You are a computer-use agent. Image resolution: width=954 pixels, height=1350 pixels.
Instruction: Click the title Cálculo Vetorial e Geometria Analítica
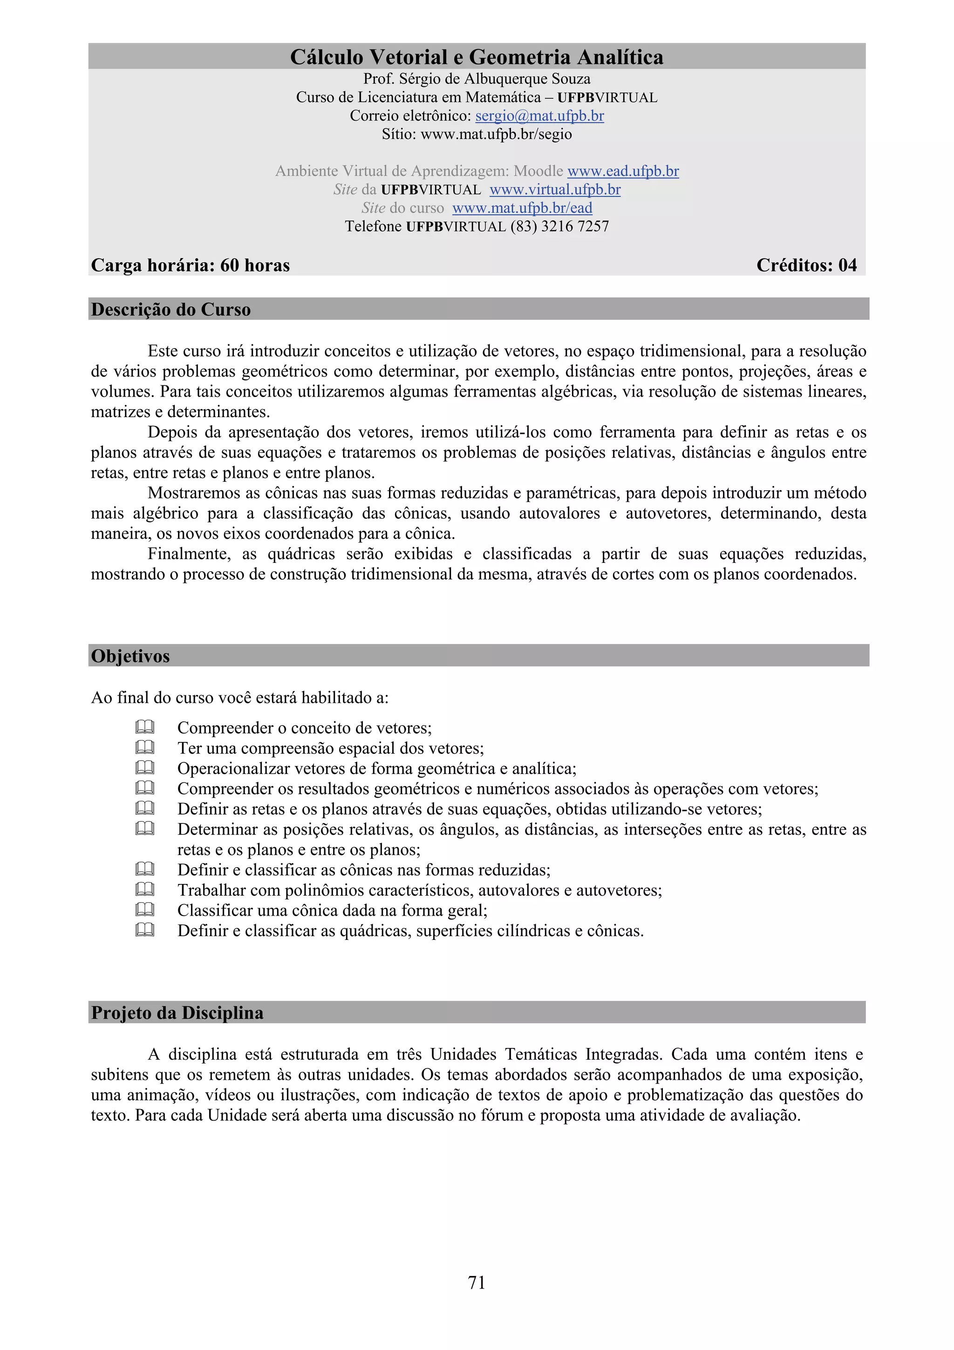pos(477,57)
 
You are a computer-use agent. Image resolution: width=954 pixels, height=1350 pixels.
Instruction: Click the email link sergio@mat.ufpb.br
pos(539,116)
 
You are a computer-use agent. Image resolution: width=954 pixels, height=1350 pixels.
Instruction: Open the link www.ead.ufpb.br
pos(623,171)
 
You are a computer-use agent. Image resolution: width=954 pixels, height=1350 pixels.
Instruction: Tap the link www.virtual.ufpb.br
pos(555,189)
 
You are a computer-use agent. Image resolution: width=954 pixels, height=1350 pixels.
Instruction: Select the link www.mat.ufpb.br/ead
pos(522,207)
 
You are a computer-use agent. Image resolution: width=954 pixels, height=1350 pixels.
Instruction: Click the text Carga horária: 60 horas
pos(191,265)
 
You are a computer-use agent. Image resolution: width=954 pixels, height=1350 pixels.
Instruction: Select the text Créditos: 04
pos(806,265)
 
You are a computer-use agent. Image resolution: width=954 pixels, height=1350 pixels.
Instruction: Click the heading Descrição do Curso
pos(171,309)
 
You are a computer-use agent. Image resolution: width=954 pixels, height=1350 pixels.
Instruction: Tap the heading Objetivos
pos(130,656)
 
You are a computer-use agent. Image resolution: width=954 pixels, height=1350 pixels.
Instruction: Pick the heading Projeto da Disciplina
pos(177,1013)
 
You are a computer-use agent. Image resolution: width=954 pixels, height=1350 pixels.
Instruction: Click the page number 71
pos(477,1282)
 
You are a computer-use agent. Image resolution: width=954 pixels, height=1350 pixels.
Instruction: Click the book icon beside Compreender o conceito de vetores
pos(144,727)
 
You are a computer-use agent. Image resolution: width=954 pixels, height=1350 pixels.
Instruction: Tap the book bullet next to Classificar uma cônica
pos(144,910)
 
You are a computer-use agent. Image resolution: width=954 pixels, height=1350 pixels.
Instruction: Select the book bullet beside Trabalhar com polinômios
pos(144,890)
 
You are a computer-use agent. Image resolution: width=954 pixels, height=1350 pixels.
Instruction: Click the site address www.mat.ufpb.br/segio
pos(496,134)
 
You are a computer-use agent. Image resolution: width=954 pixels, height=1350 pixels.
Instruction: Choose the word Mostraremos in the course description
pos(192,493)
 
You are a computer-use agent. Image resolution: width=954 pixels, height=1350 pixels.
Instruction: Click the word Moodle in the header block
pos(538,171)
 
